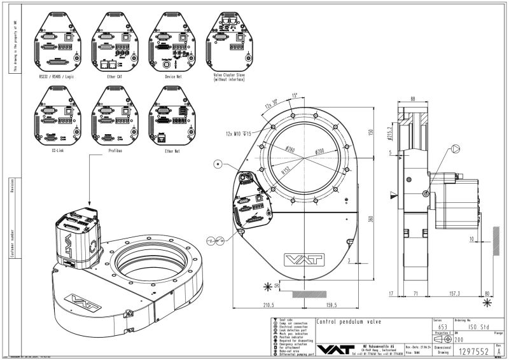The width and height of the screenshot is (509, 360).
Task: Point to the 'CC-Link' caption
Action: tap(56, 151)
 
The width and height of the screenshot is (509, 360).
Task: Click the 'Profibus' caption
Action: tap(115, 151)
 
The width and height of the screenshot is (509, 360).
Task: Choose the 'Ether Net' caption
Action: tap(172, 151)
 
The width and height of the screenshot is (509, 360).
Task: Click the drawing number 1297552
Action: tap(474, 350)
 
